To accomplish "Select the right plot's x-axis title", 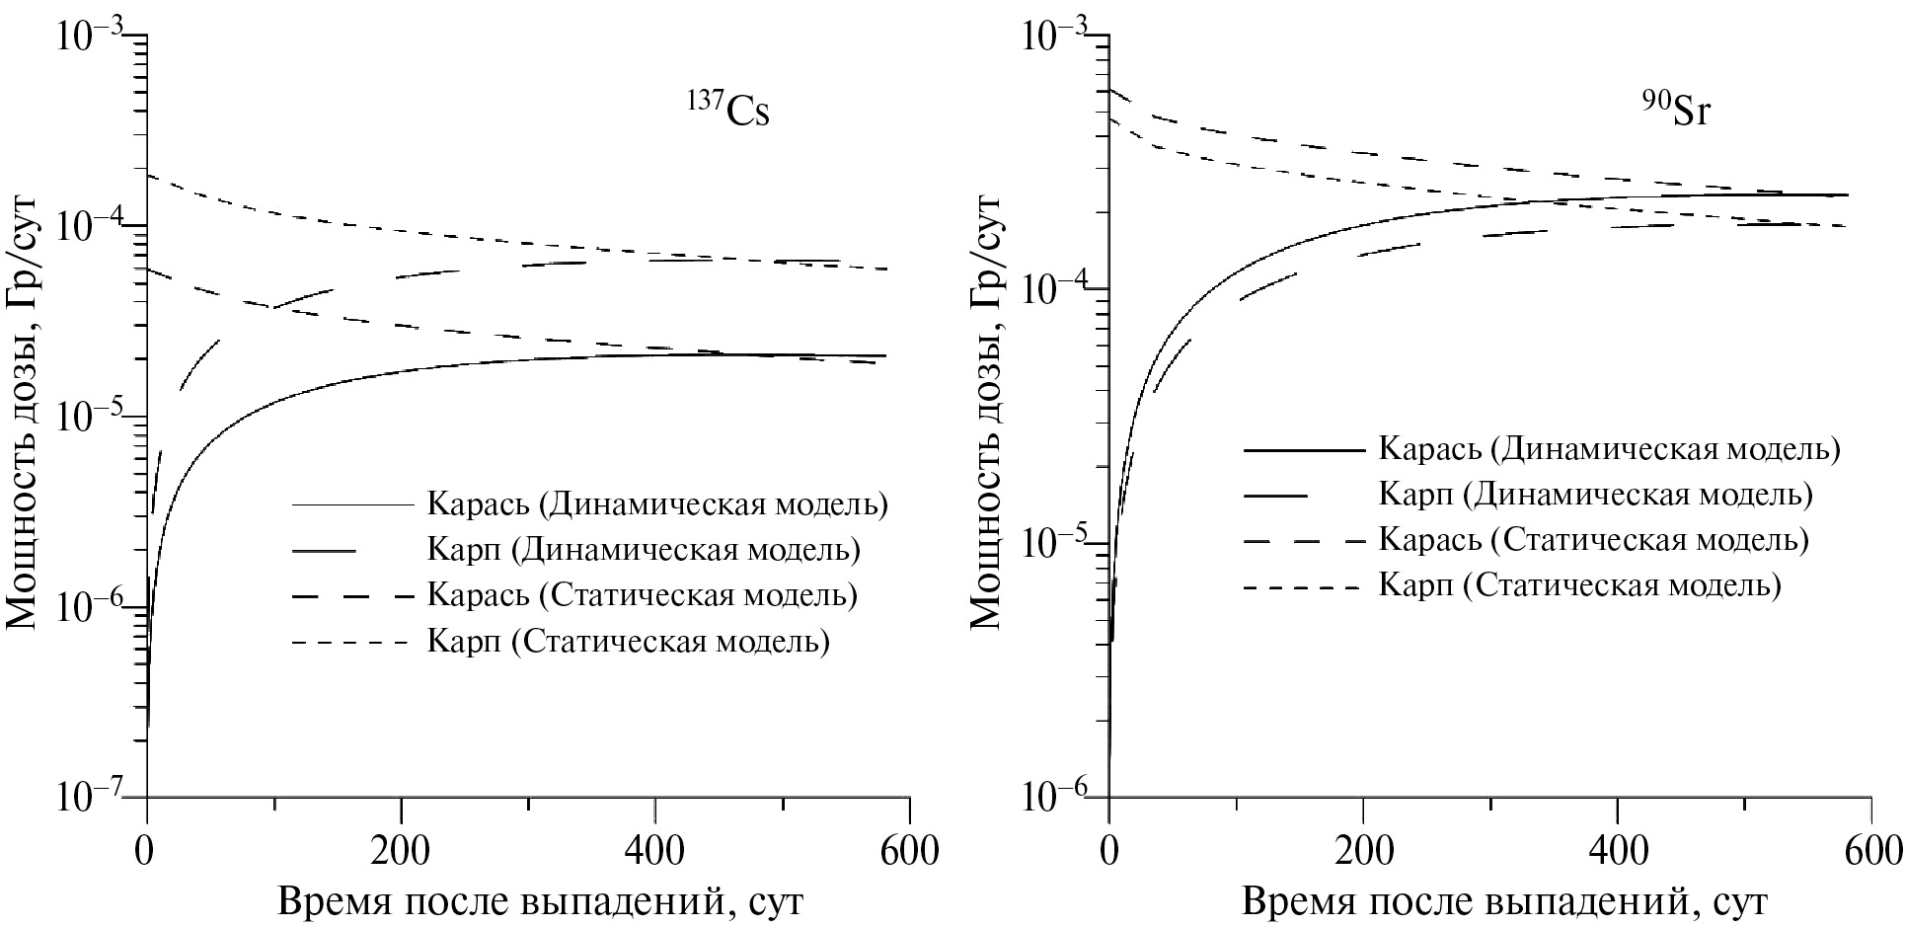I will (1503, 901).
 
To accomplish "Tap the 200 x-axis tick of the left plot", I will (400, 850).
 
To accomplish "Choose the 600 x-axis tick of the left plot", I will (910, 850).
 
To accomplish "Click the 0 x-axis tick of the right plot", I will (1109, 850).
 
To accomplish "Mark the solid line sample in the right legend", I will (1303, 450).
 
